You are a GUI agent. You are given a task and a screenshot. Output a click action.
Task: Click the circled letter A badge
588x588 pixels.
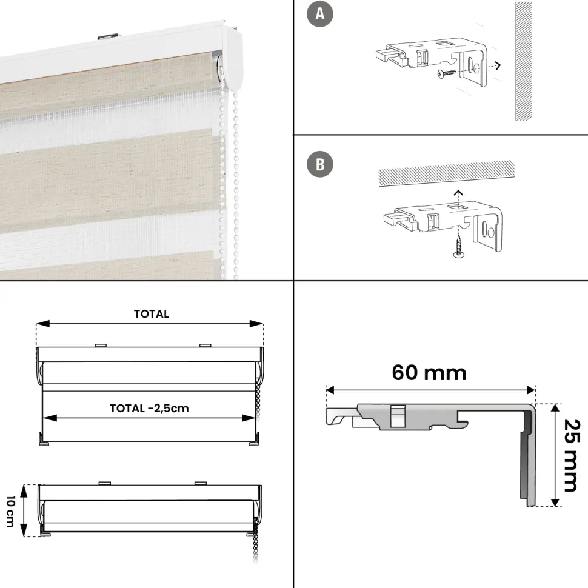click(x=320, y=15)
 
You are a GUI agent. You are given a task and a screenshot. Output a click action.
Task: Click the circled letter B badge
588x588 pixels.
click(x=320, y=164)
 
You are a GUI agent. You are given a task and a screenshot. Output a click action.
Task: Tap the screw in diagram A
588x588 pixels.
click(x=447, y=73)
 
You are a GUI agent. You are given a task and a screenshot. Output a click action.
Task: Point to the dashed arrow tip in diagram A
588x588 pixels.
click(x=499, y=66)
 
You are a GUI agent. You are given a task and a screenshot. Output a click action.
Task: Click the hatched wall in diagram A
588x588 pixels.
click(x=523, y=61)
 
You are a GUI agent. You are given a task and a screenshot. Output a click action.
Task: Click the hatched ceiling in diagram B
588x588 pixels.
click(x=446, y=173)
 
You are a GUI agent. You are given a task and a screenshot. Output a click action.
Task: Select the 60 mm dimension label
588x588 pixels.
click(x=429, y=373)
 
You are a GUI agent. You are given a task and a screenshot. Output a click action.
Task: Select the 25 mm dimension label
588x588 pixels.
click(x=572, y=455)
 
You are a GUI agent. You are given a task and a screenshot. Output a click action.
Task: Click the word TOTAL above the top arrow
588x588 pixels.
click(x=152, y=314)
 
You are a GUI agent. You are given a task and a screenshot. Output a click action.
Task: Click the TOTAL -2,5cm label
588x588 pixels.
click(x=149, y=409)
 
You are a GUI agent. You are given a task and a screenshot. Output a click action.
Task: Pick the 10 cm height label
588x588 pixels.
click(x=10, y=512)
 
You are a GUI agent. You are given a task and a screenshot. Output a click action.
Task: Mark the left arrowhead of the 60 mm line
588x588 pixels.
click(x=330, y=390)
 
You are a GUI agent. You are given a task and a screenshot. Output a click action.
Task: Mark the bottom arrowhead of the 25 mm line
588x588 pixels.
click(x=556, y=503)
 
